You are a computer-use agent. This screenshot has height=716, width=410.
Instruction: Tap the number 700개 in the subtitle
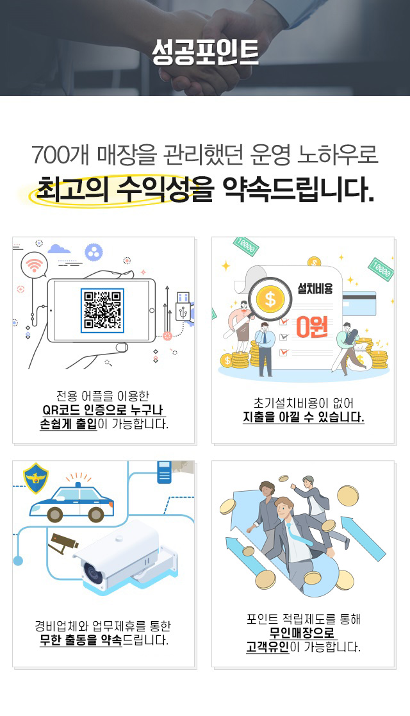point(60,155)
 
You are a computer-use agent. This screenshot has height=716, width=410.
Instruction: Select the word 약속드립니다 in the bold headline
point(298,188)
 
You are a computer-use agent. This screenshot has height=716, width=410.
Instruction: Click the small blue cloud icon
point(59,249)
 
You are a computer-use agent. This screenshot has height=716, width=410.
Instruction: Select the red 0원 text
point(312,327)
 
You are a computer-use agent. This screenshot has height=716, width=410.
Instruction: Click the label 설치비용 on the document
point(315,288)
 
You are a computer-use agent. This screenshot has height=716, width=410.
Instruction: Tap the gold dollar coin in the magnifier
point(270,300)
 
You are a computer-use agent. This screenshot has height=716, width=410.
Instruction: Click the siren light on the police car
point(78,483)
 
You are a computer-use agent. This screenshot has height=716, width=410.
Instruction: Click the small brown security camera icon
point(63,542)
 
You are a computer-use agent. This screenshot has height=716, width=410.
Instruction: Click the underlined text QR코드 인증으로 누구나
point(102,410)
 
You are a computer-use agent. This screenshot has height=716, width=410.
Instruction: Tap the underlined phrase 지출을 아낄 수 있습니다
point(303,417)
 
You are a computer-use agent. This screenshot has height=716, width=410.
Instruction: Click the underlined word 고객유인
point(268,647)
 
